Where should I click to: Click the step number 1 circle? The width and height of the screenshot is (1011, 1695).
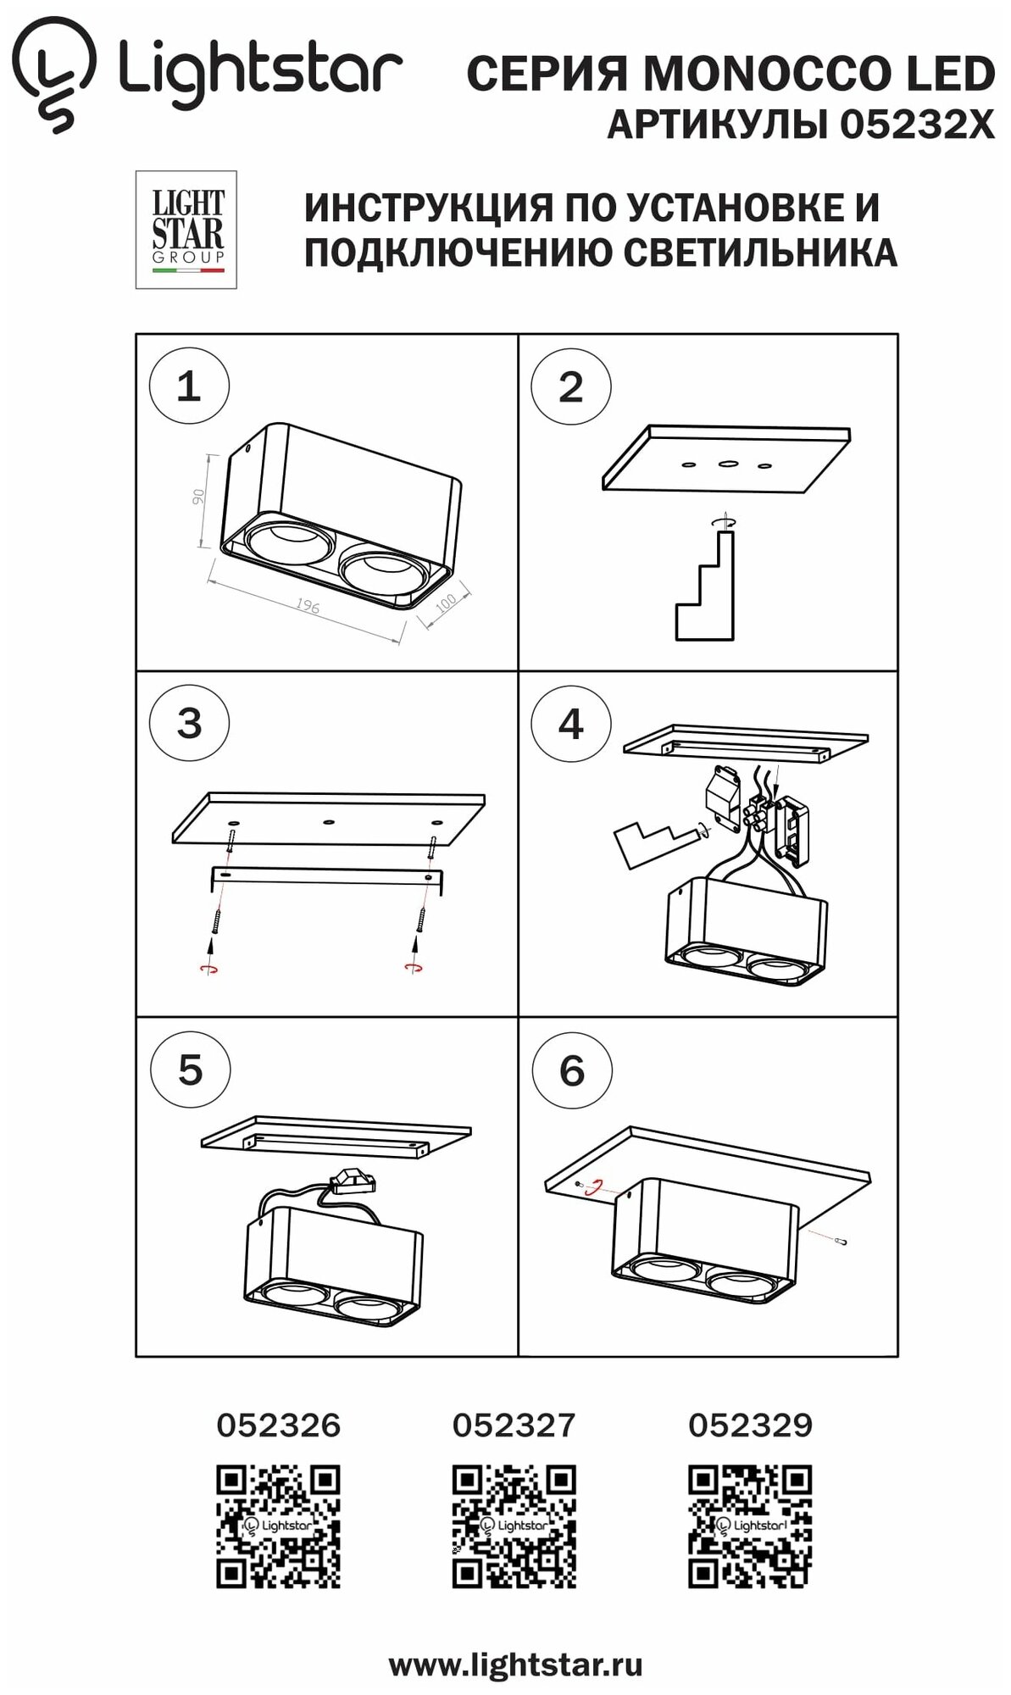(188, 387)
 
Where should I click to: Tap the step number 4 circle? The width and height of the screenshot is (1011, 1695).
(570, 724)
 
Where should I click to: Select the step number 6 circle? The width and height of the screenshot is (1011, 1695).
(571, 1070)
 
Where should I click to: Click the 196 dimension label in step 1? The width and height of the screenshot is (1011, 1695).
(308, 607)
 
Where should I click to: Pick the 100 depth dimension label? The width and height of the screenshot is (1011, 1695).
(446, 603)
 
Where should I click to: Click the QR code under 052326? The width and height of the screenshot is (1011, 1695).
(278, 1525)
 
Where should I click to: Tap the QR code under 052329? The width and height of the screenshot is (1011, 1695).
(750, 1525)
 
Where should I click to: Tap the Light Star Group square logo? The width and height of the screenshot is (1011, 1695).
(186, 230)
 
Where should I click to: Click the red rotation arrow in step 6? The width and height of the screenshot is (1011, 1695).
(597, 1187)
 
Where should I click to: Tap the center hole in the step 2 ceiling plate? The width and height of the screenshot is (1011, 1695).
(727, 464)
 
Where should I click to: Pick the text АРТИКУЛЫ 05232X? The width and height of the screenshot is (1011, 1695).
(800, 125)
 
